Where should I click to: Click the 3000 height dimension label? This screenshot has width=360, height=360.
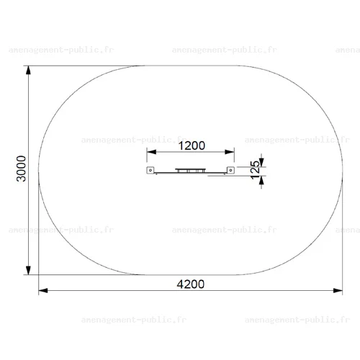[x=21, y=168]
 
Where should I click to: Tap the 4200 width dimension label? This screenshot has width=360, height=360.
[x=191, y=284]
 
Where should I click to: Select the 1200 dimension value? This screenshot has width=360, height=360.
[x=192, y=145]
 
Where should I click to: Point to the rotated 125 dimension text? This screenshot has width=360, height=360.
[x=255, y=170]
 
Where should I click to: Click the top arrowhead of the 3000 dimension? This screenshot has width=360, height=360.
[x=28, y=70]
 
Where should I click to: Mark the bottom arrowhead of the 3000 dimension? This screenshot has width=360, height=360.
[x=28, y=270]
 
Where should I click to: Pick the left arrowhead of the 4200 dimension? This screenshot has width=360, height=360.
[x=43, y=291]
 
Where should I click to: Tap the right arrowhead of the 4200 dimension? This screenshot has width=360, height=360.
[x=338, y=291]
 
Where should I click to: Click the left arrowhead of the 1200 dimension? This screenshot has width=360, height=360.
[x=151, y=152]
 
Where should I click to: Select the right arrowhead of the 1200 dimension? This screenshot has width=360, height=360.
[x=230, y=152]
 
